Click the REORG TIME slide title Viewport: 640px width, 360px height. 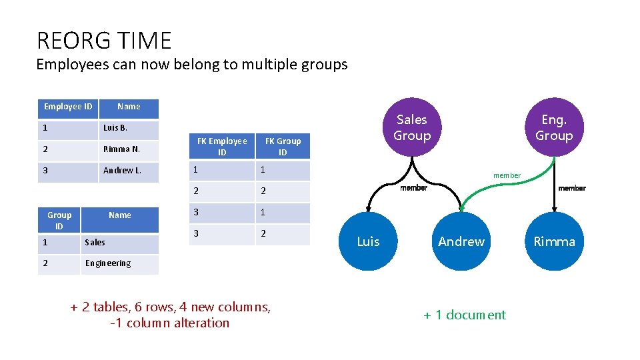tap(104, 41)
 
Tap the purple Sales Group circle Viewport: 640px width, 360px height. tap(411, 127)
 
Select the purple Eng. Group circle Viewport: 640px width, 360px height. tap(553, 127)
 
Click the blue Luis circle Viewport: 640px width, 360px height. tap(368, 241)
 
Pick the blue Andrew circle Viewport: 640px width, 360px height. tap(461, 241)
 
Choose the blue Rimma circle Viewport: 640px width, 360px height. tap(553, 241)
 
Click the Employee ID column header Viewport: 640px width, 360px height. tap(68, 107)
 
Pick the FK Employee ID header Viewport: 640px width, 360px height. tap(222, 147)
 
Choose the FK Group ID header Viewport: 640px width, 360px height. tap(283, 147)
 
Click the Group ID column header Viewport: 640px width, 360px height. tap(59, 220)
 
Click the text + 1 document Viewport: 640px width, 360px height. tap(465, 315)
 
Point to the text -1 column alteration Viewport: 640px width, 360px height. tap(170, 323)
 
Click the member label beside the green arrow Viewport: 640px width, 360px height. tap(507, 175)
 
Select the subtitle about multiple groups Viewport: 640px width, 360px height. tap(192, 65)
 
